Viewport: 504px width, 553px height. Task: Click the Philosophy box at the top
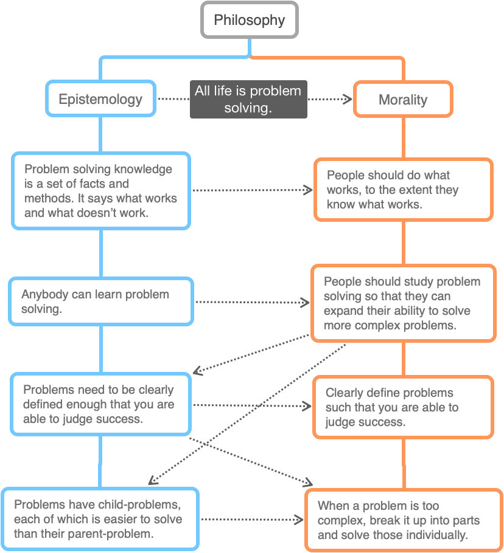(250, 20)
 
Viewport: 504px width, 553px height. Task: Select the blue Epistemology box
(100, 99)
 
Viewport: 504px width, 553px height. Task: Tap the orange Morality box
(403, 100)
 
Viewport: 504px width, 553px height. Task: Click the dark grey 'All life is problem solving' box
(248, 99)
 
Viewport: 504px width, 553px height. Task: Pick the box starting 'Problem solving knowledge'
(101, 191)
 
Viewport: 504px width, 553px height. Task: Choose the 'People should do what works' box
(404, 190)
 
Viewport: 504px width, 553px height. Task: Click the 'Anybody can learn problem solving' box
(101, 301)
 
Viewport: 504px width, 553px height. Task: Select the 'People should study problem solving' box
(403, 303)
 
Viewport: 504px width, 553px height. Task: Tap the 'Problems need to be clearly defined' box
(101, 404)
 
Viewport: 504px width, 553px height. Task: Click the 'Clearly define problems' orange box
(403, 407)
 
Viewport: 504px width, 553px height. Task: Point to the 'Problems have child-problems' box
(100, 519)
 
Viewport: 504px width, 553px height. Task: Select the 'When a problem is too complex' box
(403, 520)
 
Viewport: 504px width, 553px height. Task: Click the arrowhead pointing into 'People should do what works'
(309, 190)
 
